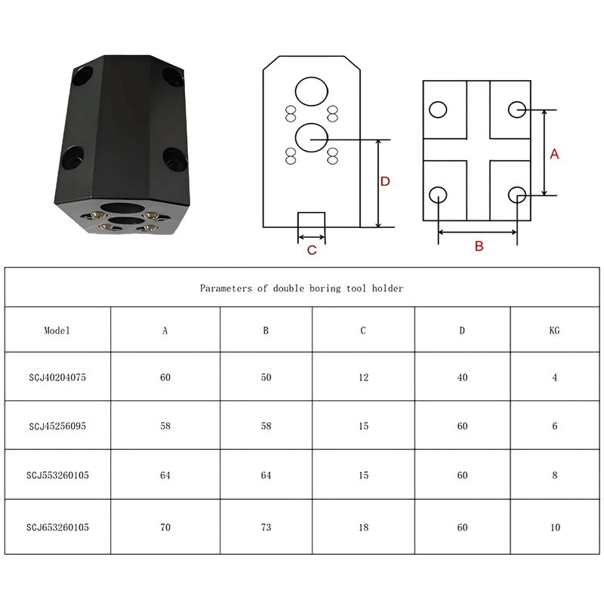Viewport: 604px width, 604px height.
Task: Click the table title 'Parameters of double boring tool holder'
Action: tap(301, 288)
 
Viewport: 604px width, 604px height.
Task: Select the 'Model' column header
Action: tap(57, 331)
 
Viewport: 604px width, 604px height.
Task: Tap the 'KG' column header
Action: tap(554, 331)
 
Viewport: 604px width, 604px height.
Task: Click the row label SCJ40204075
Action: tap(57, 377)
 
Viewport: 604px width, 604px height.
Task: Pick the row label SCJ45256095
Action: tap(57, 426)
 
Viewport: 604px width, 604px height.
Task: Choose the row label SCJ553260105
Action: tap(57, 476)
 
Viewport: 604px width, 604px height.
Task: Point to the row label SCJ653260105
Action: tap(57, 527)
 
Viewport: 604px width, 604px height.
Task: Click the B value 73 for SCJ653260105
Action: tap(267, 527)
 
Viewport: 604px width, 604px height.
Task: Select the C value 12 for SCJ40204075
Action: tap(364, 377)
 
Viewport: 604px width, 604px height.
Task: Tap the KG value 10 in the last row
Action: tap(555, 527)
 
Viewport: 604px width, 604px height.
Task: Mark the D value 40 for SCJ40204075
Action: tap(462, 377)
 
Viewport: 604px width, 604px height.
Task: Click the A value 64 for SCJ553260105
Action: tap(165, 476)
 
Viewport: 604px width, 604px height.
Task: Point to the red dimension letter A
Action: tap(554, 154)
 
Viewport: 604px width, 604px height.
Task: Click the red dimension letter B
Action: tap(479, 246)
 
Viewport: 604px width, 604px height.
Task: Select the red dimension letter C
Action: tap(312, 251)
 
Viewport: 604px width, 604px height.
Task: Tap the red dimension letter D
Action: tap(385, 181)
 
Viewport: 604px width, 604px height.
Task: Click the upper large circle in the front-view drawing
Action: tap(312, 91)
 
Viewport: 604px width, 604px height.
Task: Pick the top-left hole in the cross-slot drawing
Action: tap(438, 109)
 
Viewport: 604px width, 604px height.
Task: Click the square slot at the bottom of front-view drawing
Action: tap(311, 220)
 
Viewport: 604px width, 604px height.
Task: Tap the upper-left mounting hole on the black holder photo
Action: tap(83, 77)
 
